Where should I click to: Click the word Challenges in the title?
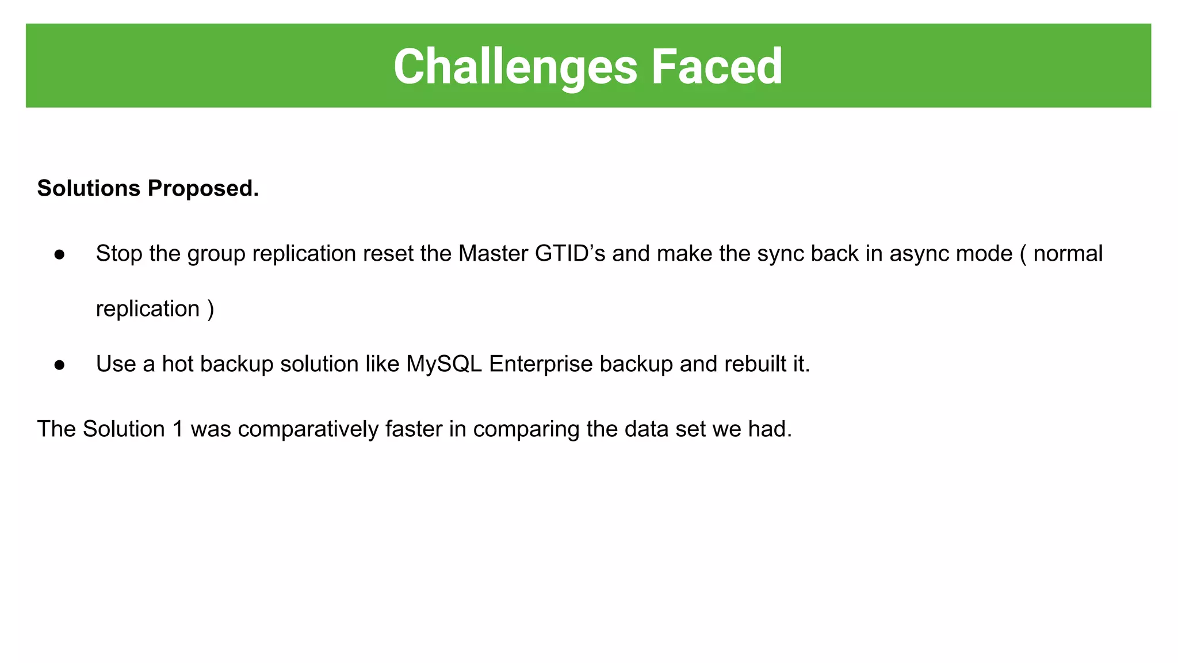coord(515,67)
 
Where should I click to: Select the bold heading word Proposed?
coord(203,189)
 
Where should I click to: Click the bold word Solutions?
coord(89,189)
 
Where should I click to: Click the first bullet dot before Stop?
coord(59,254)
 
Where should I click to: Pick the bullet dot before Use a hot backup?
coord(59,365)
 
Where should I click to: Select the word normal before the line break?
coord(1068,254)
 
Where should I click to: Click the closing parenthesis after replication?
coord(211,309)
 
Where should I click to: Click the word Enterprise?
coord(541,364)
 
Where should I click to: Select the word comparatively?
coord(308,429)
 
